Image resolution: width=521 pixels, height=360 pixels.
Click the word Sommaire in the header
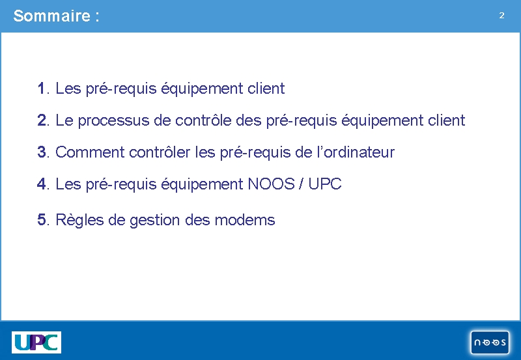(52, 16)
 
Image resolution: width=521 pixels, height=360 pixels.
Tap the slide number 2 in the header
(501, 15)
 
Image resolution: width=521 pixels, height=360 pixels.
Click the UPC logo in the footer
(36, 342)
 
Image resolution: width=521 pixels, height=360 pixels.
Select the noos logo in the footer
(490, 342)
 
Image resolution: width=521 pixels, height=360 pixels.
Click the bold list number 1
(41, 89)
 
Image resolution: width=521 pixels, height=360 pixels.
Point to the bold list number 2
(42, 120)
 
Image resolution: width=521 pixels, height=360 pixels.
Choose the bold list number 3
(42, 152)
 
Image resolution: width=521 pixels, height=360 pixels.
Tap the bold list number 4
(42, 184)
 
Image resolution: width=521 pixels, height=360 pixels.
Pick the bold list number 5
(42, 220)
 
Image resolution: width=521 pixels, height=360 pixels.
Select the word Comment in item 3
(90, 152)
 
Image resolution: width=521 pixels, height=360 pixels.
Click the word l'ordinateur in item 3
(356, 152)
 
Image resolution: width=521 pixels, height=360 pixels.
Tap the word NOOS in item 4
(272, 184)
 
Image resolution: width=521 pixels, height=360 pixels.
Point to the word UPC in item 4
(325, 184)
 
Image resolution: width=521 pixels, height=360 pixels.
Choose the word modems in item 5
(245, 220)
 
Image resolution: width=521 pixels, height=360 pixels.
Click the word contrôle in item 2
(203, 120)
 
